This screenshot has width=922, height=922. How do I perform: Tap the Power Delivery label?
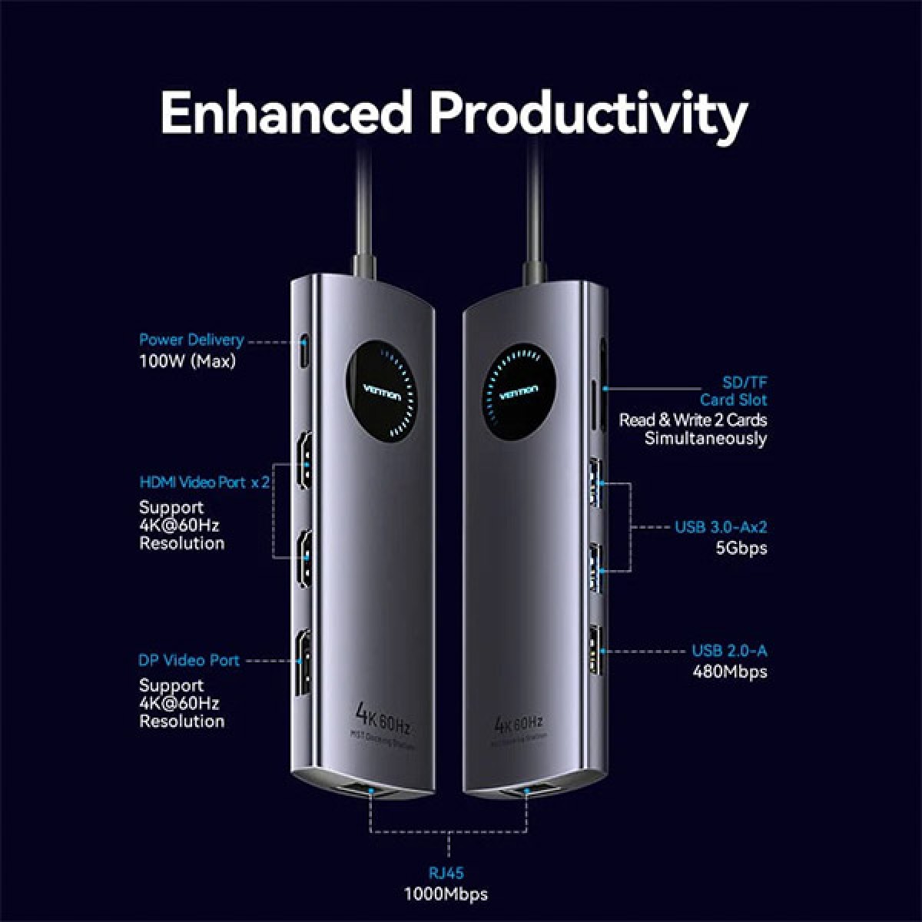pos(191,340)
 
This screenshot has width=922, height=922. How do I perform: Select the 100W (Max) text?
pos(187,361)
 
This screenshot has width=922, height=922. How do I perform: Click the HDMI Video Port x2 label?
pos(204,483)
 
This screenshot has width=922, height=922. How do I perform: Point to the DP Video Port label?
pos(189,660)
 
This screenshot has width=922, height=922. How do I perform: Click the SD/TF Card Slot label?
pos(733,390)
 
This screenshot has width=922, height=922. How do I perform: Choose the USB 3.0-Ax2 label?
pos(721,527)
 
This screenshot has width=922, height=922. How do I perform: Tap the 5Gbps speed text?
pos(741,548)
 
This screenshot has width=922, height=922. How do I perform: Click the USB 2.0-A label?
pos(729,651)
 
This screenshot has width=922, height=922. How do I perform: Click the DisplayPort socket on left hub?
pos(305,661)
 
